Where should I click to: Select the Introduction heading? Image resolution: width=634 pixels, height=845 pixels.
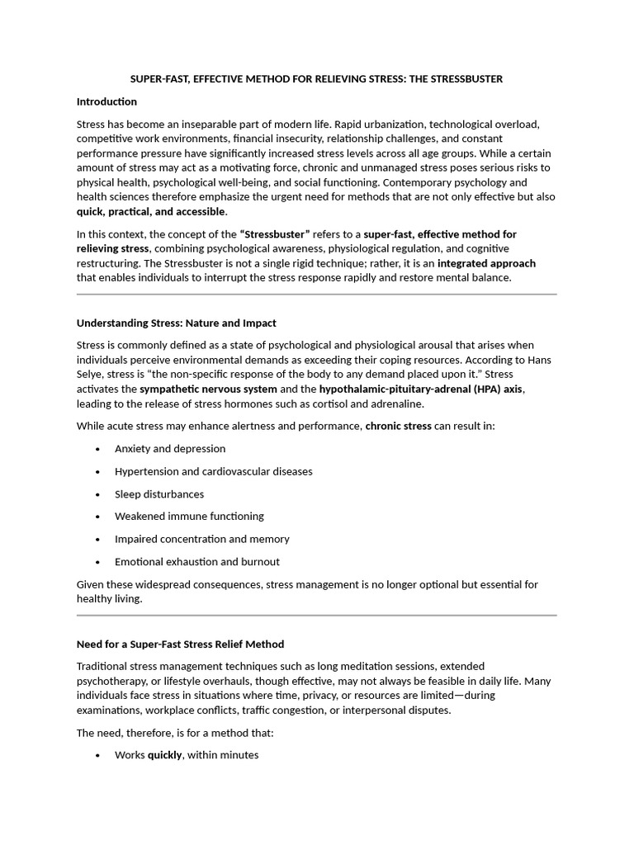[x=106, y=101]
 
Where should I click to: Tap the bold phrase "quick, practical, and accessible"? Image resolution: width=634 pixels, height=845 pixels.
[x=150, y=212]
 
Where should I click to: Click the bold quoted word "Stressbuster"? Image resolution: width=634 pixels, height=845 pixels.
[x=275, y=234]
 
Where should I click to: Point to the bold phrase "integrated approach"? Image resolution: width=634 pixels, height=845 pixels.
[x=486, y=263]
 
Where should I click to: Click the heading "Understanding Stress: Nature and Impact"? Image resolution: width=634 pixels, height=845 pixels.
[x=176, y=323]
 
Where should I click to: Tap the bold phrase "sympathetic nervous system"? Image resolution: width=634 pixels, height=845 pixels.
[x=208, y=389]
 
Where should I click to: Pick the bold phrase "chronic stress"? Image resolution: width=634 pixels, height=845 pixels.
[x=398, y=426]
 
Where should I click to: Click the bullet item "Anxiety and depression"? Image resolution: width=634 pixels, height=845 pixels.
[x=170, y=449]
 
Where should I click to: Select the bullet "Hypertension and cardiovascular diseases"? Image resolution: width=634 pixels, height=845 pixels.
[x=214, y=471]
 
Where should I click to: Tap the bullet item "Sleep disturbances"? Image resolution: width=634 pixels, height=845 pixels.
[x=159, y=494]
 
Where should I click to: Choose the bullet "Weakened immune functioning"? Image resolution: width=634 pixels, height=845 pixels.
[x=189, y=517]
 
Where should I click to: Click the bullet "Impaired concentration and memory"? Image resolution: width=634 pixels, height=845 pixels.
[x=202, y=539]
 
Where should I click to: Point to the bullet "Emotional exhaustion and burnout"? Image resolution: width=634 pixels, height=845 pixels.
[x=197, y=562]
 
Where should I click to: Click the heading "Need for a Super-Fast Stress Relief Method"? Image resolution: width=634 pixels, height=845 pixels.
[x=180, y=644]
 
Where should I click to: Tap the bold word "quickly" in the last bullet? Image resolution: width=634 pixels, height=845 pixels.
[x=164, y=754]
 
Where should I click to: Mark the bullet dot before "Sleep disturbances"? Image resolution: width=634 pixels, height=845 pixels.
[x=98, y=494]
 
